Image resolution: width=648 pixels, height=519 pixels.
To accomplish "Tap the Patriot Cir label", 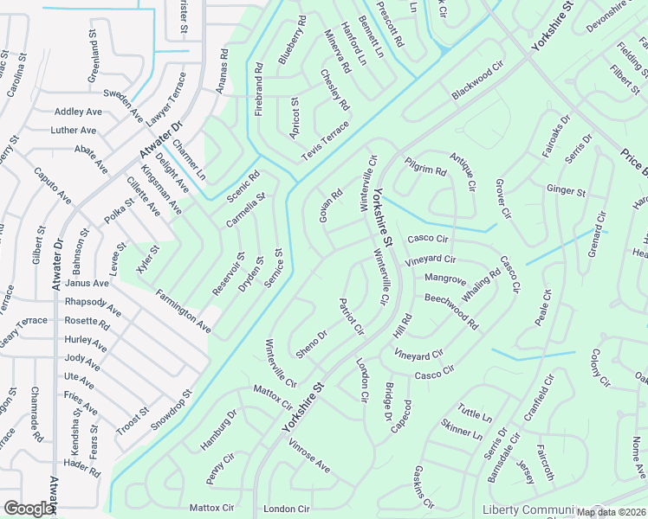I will point(351,317).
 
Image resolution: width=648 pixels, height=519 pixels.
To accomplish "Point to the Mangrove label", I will point(445,279).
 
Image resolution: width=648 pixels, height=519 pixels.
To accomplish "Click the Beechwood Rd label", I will point(451,311).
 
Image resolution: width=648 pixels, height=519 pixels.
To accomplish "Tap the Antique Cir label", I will point(463,170).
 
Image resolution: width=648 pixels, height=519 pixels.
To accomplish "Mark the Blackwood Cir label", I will point(477,80).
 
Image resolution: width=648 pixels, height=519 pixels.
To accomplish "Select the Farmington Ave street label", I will point(184,312).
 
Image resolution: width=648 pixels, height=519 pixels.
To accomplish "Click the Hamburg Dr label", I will point(220,427).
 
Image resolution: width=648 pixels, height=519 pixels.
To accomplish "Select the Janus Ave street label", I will point(87,283).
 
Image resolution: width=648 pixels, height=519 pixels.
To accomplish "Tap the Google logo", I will point(29,509).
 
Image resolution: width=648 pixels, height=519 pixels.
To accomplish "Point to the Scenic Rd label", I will point(243,187).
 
